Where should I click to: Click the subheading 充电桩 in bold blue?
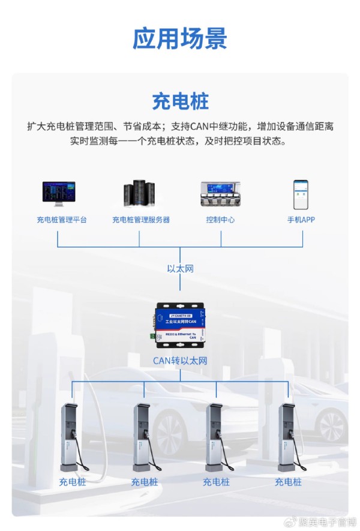(180, 100)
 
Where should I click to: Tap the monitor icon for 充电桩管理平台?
(58, 194)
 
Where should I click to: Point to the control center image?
(220, 194)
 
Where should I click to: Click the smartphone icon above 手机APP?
(301, 193)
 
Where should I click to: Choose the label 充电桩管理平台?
(61, 220)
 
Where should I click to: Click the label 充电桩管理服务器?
(141, 220)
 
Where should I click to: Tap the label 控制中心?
(220, 220)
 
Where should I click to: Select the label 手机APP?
(301, 220)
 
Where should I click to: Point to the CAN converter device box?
(180, 325)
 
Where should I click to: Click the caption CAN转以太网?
(180, 361)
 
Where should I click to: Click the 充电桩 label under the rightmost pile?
(288, 482)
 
